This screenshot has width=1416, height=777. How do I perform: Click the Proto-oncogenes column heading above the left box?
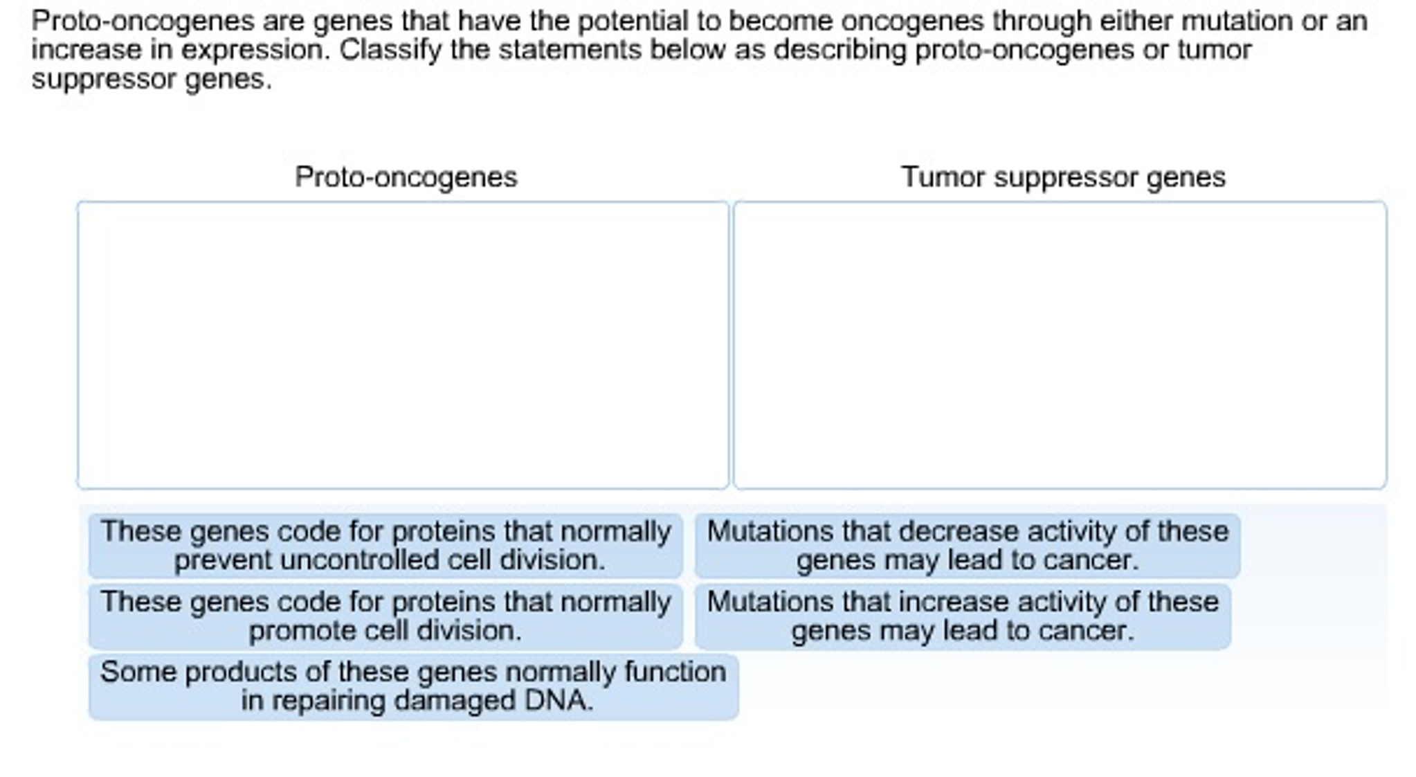coord(406,177)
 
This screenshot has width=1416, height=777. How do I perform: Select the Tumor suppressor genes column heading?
coord(1063,177)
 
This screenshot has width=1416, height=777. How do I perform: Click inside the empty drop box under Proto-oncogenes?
coord(403,345)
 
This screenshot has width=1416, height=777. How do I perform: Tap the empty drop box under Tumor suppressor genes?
coord(1060,345)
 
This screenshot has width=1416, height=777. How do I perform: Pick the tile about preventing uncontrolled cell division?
coord(385,546)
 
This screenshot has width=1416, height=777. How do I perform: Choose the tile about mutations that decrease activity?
coord(968,546)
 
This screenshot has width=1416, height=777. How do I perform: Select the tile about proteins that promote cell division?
coord(385,616)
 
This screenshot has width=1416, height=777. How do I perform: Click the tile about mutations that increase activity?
coord(963,616)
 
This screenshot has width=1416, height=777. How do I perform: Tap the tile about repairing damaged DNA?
coord(413,686)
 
